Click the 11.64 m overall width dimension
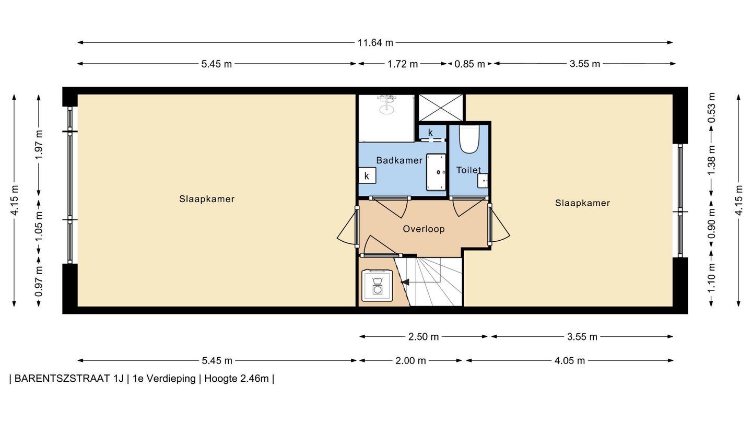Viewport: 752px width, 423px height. [x=375, y=43]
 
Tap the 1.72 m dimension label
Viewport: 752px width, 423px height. [x=403, y=64]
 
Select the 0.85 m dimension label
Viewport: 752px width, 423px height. [x=469, y=64]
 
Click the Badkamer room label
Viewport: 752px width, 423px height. [x=399, y=160]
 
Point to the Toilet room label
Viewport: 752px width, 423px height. [x=468, y=170]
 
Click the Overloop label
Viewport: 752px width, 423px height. [x=424, y=229]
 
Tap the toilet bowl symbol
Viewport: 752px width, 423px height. [x=468, y=139]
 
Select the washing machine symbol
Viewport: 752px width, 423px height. [x=377, y=285]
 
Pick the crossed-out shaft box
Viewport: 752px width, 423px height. [x=441, y=108]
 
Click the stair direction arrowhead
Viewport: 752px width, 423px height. [x=405, y=282]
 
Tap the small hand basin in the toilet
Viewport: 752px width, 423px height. [x=483, y=181]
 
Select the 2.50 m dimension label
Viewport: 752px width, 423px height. [x=424, y=337]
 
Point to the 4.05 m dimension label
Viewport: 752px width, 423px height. [x=570, y=361]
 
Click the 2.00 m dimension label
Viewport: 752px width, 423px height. [x=410, y=361]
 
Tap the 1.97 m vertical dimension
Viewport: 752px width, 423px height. [x=39, y=145]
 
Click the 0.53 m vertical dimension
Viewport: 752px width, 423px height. [x=711, y=108]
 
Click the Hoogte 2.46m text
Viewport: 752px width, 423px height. [x=237, y=379]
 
